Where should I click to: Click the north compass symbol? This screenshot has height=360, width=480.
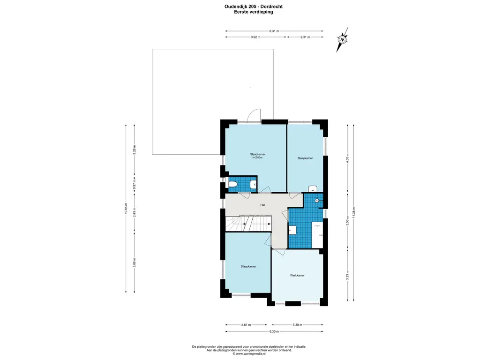click(342, 39)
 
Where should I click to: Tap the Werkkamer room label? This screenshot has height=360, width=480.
click(297, 276)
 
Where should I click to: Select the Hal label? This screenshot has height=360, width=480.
click(262, 205)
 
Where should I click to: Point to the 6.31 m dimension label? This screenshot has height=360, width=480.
click(274, 31)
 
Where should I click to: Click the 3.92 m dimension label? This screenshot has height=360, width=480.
click(255, 37)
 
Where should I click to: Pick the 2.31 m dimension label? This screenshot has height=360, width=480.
click(305, 37)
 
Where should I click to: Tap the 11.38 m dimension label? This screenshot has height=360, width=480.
click(353, 212)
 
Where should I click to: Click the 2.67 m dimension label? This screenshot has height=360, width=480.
click(246, 325)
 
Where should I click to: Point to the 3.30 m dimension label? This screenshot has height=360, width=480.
click(297, 325)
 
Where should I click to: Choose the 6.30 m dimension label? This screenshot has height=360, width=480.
click(274, 331)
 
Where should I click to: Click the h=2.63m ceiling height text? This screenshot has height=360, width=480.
click(257, 157)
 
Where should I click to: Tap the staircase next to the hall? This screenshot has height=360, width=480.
click(248, 224)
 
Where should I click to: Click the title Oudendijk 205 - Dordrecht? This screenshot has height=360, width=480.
click(254, 7)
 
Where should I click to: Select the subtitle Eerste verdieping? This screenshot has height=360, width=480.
click(254, 12)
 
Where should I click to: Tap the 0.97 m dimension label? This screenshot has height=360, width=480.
click(134, 185)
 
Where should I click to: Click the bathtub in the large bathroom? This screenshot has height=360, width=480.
click(317, 235)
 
